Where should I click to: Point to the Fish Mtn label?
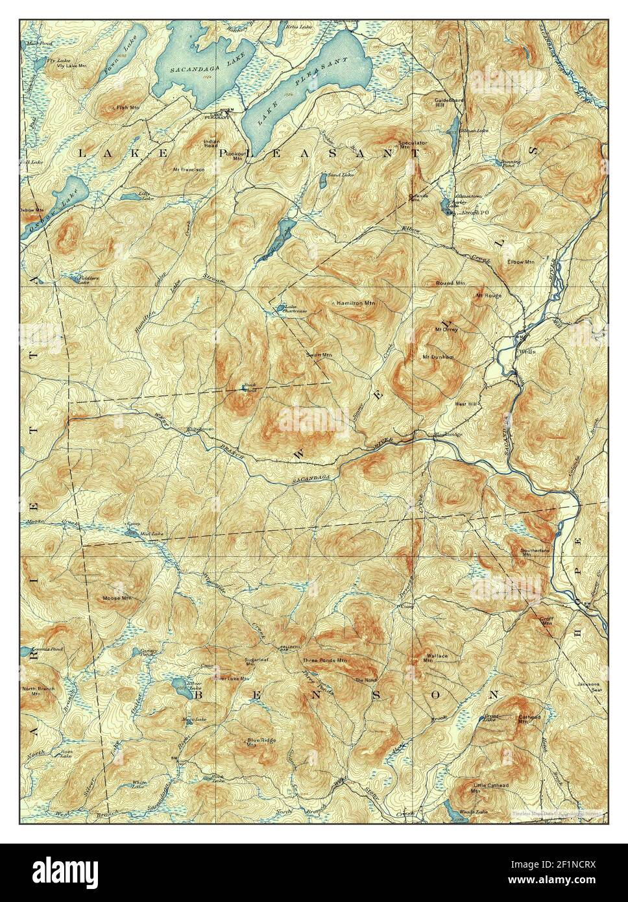[128, 107]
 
